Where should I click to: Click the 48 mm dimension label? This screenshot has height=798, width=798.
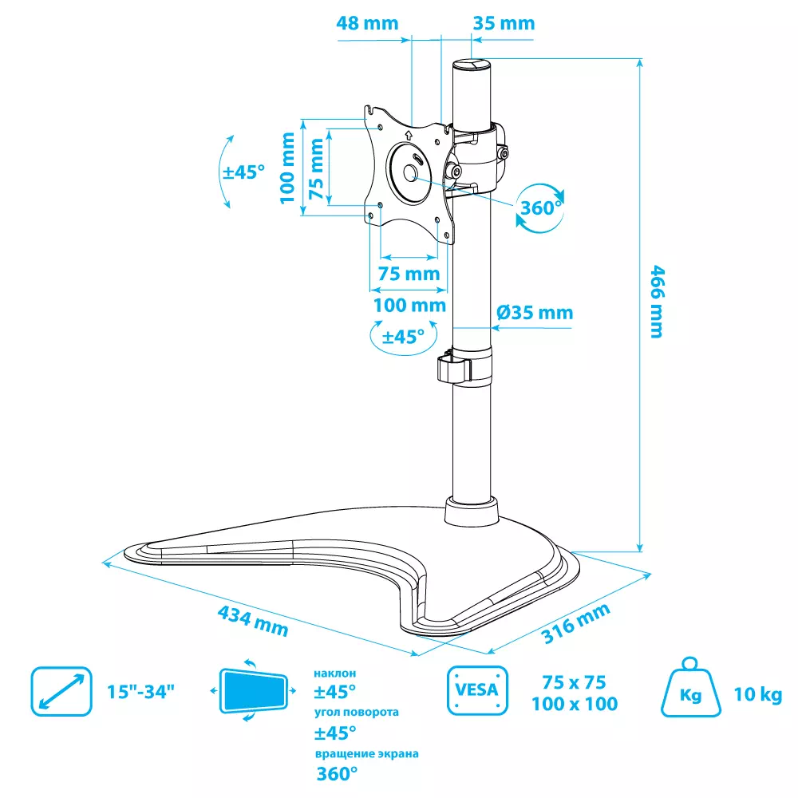coord(367,23)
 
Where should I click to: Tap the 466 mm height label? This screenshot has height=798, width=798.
coord(658,302)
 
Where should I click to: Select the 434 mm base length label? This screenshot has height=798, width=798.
coord(253,621)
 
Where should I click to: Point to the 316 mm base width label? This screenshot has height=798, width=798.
coord(575,623)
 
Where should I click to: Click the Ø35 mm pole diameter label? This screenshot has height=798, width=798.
coord(535,312)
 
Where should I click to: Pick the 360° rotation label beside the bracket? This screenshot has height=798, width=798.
coord(541,207)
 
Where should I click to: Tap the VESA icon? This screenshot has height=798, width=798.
coord(477,690)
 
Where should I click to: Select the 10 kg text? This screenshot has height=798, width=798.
coord(758,694)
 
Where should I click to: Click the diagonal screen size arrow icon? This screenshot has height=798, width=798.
coord(61,691)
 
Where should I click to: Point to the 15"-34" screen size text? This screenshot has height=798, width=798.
coord(140,692)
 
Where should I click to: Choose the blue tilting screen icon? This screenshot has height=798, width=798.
coord(254,690)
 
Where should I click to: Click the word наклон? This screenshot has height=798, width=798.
coord(335,674)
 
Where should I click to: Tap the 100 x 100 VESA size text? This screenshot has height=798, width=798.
coord(575,704)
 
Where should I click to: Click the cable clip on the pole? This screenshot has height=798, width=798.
coord(454,367)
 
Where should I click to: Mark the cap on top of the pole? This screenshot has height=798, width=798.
coord(472,65)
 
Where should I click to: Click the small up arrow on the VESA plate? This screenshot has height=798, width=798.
coord(408,135)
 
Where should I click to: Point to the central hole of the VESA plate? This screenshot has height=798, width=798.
coord(411,173)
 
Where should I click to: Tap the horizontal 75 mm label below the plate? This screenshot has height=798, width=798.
coord(409,274)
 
